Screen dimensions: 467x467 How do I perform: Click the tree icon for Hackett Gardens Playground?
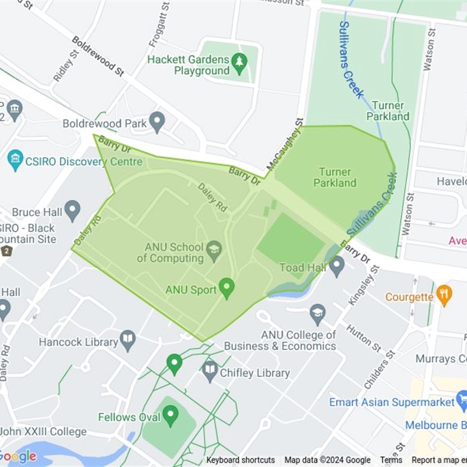pos(239,60)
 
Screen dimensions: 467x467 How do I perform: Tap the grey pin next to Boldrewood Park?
pos(156,122)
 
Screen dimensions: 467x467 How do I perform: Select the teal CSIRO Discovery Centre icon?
pos(15,160)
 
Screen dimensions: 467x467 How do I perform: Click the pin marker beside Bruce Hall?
pos(72,210)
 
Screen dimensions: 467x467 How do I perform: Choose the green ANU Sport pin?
pos(226,288)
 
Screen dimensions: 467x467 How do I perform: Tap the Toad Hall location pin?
pos(336,266)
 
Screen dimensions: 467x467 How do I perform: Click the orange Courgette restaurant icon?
pos(444,295)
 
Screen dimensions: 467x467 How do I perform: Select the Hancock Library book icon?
pos(127,338)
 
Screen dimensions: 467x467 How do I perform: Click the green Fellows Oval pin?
pos(170,416)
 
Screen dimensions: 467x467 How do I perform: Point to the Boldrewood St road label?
pos(98,55)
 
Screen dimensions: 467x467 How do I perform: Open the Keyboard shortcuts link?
pos(240,460)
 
